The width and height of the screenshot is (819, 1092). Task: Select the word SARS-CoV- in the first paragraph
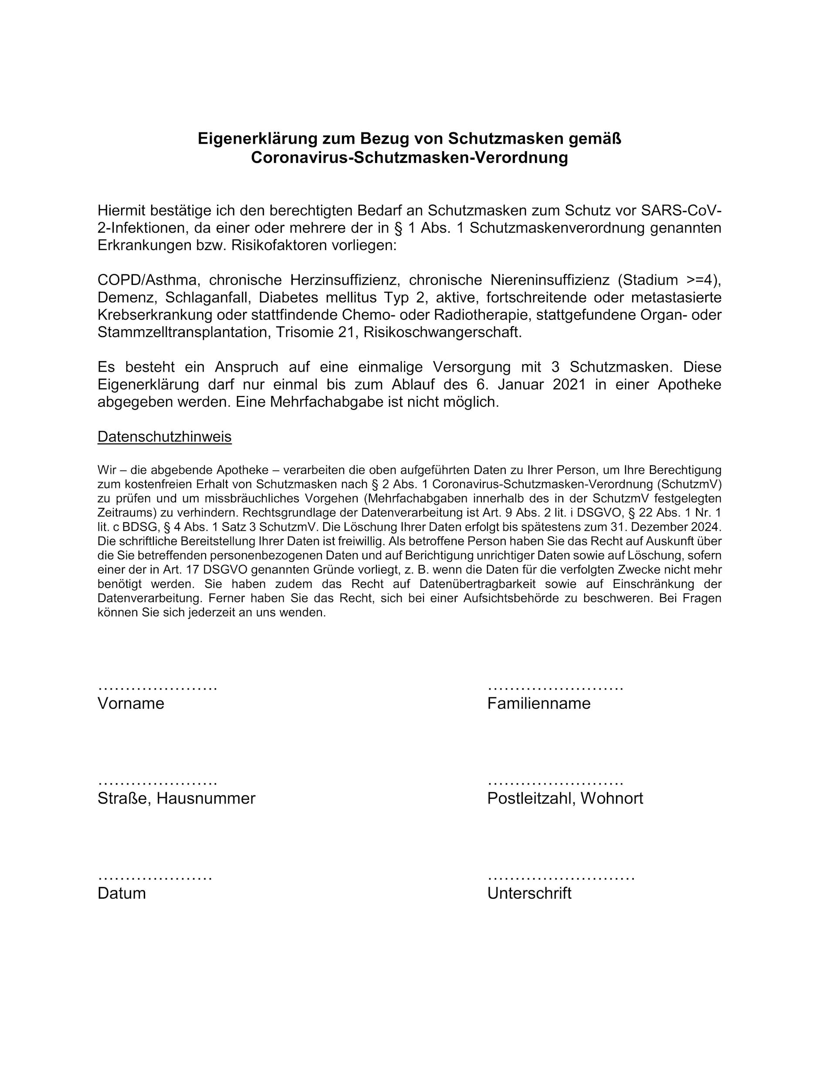(x=681, y=211)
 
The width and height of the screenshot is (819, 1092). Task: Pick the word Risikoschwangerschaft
(x=442, y=332)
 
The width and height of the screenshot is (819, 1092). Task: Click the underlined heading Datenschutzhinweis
(x=164, y=437)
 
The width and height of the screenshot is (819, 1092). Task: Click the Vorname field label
(x=131, y=703)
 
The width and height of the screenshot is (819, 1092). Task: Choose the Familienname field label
(x=538, y=703)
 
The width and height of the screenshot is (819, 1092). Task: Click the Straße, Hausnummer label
(x=176, y=798)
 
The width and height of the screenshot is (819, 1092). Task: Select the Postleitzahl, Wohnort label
(x=565, y=798)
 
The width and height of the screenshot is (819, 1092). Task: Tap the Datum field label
(x=122, y=893)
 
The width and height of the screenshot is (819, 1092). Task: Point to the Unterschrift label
(x=529, y=893)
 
